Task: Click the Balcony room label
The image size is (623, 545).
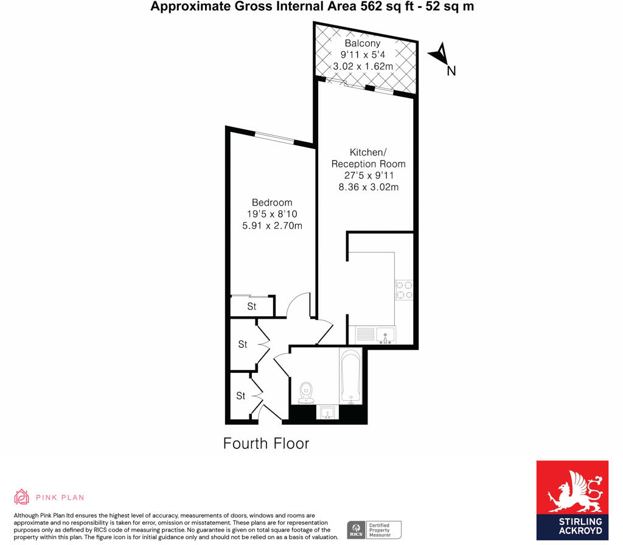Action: [x=363, y=44]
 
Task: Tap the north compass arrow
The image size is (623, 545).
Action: [x=442, y=55]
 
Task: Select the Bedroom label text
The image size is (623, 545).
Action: [x=272, y=203]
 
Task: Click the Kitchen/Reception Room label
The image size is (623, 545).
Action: [x=368, y=158]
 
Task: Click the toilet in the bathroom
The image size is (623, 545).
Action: [x=306, y=392]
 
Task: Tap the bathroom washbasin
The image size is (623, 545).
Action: [x=327, y=413]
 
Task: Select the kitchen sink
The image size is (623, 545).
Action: [x=385, y=335]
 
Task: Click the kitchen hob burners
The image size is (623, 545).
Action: [x=404, y=290]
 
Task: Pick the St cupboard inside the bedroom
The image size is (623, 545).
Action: [x=252, y=307]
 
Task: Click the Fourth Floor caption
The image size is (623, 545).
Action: [x=266, y=443]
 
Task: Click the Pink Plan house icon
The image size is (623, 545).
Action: [x=22, y=497]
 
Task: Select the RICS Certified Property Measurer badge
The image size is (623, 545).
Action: [x=374, y=530]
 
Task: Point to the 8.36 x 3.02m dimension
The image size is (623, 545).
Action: [x=368, y=187]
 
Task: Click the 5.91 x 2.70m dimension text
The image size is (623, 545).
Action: [x=272, y=226]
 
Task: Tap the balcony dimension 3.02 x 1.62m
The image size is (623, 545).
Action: [x=363, y=66]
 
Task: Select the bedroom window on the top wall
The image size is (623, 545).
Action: [x=274, y=137]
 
